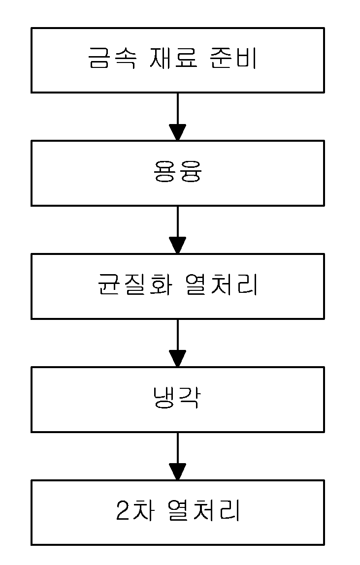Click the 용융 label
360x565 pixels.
tap(177, 171)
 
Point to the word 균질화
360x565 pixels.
tap(135, 284)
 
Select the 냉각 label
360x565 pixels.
tap(177, 397)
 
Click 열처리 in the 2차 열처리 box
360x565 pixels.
tap(204, 510)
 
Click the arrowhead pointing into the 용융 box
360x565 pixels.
tap(177, 132)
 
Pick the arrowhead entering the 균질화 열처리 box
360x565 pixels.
tap(177, 246)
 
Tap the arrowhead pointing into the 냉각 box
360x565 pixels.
tap(177, 358)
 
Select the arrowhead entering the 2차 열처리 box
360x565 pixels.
tap(177, 471)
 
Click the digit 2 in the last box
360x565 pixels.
tap(123, 510)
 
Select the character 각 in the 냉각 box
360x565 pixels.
tap(189, 397)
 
